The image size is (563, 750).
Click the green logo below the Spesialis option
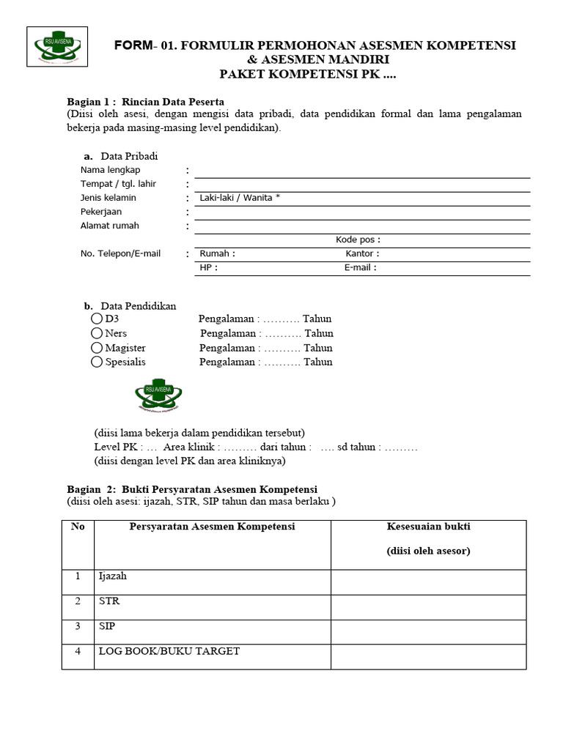158,396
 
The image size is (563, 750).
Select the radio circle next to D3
97,319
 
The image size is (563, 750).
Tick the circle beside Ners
97,333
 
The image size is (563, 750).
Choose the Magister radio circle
97,347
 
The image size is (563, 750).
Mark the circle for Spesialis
97,361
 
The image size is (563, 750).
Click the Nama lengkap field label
110,170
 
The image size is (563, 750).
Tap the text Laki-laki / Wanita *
240,198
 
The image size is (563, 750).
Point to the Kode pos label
358,240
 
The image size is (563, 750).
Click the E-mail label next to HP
360,267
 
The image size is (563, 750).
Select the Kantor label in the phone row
362,253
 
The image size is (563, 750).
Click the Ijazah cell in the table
113,576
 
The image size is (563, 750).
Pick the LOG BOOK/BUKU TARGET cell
169,651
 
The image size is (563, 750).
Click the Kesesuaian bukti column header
428,527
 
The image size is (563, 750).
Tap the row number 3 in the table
78,627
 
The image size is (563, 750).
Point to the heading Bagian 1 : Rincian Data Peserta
145,101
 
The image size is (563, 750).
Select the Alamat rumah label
109,226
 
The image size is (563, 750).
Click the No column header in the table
78,527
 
